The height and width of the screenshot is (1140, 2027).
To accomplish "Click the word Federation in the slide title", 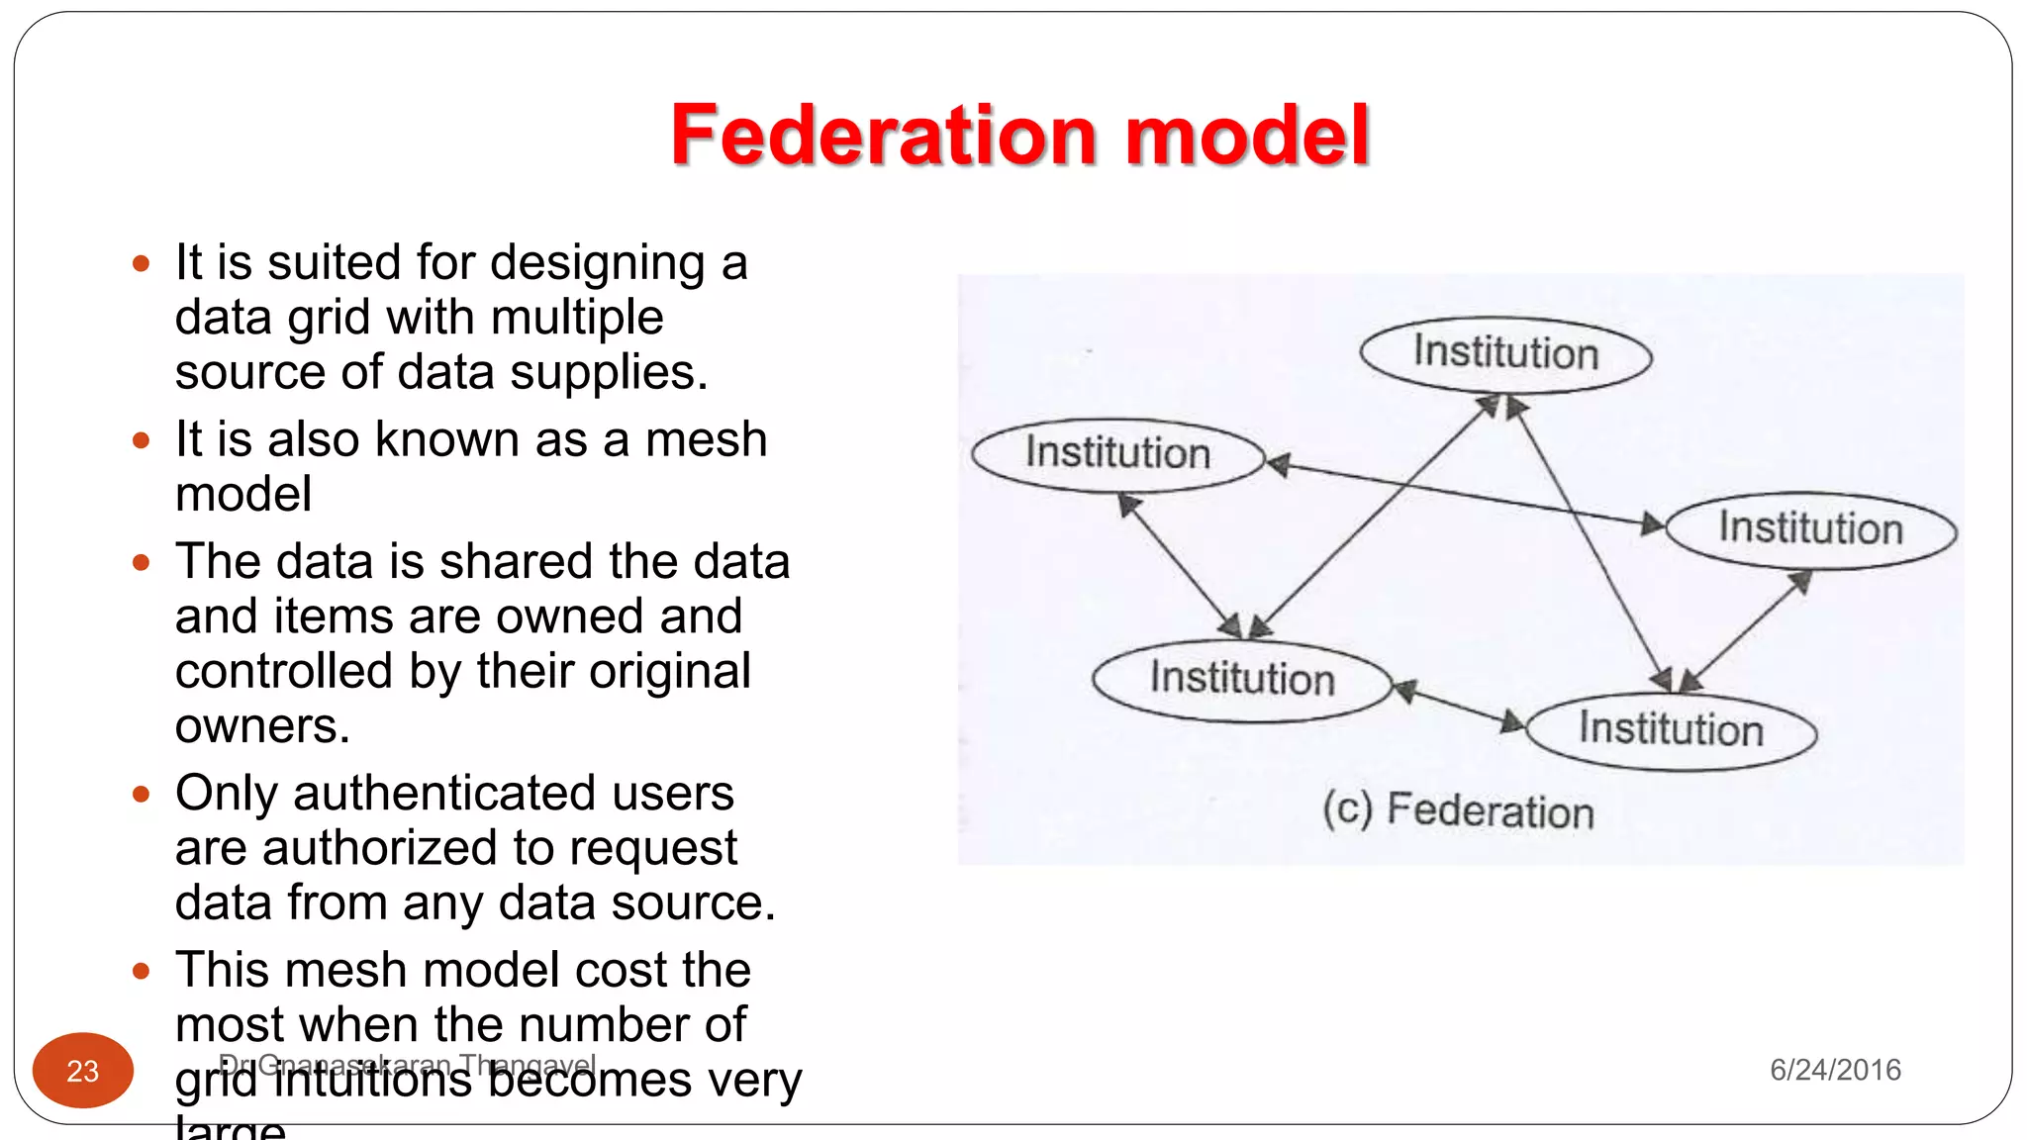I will [x=883, y=136].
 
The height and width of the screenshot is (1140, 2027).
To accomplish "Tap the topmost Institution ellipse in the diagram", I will [x=1505, y=354].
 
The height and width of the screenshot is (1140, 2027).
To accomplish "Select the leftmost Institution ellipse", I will [x=1117, y=455].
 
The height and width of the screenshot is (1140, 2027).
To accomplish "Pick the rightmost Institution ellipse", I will [x=1810, y=530].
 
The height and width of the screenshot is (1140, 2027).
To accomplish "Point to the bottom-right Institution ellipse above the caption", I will [x=1671, y=731].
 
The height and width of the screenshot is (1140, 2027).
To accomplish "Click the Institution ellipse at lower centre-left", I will [x=1242, y=681].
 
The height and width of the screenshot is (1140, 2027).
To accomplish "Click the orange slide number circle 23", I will [x=83, y=1071].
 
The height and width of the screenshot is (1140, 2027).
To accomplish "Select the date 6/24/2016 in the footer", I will [x=1835, y=1070].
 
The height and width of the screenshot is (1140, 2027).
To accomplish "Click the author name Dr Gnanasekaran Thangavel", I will [x=407, y=1065].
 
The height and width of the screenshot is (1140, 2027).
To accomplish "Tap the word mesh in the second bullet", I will [x=706, y=439].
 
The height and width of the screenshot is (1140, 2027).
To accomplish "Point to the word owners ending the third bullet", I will [x=261, y=726].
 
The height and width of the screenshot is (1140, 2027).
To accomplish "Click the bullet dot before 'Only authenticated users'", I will [x=142, y=794].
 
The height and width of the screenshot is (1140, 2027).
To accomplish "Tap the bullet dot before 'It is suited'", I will [x=142, y=263].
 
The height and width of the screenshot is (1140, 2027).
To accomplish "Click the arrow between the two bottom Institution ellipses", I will [x=1459, y=707].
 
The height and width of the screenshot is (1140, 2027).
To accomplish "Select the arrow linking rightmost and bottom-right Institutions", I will [x=1745, y=631].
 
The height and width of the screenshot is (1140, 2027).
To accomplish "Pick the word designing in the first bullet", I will [x=597, y=263].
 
